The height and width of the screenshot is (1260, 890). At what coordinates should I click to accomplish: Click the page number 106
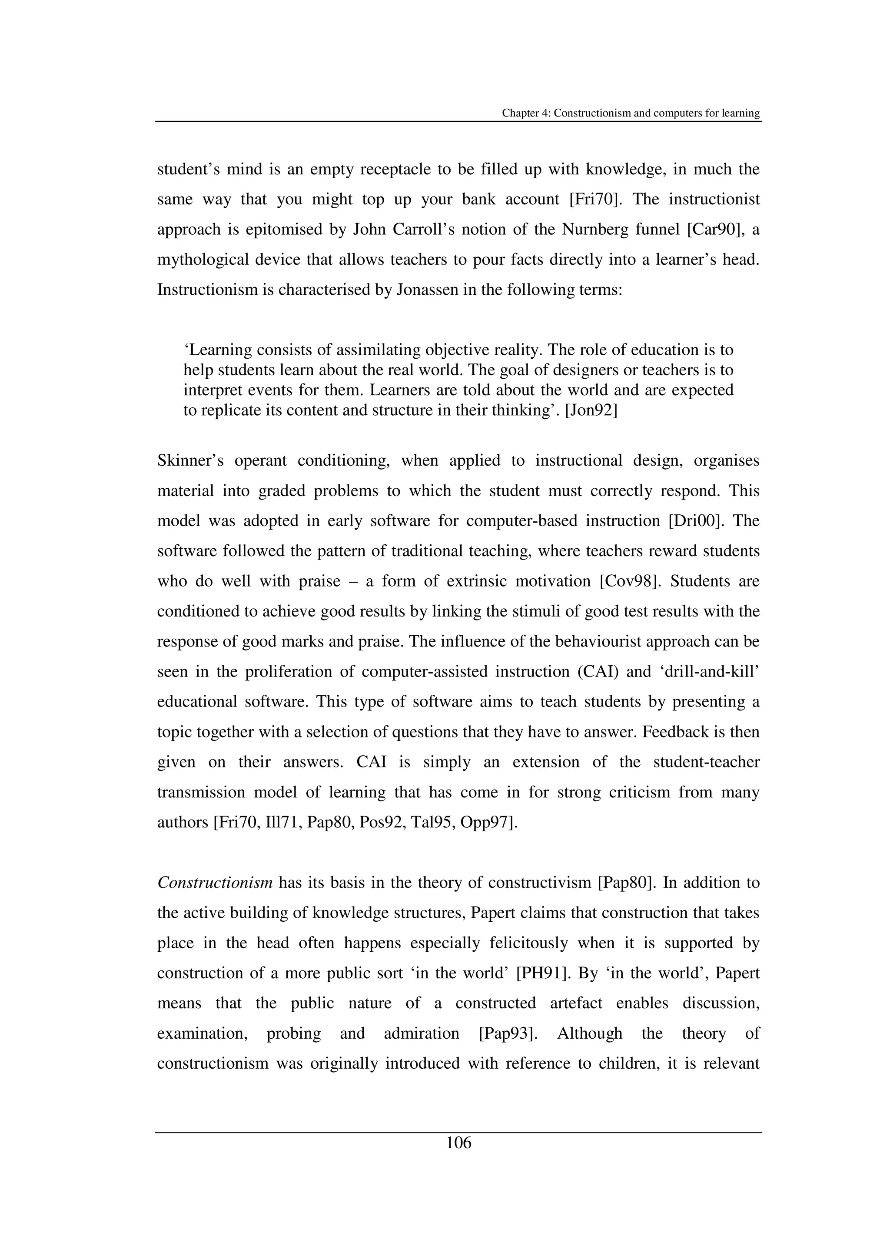(x=458, y=1143)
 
